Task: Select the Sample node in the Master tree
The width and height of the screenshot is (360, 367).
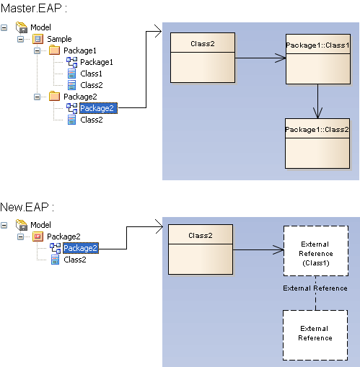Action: [x=58, y=39]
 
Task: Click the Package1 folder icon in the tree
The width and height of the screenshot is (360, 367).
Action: [x=54, y=50]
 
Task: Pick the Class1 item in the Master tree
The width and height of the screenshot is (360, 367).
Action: [x=91, y=74]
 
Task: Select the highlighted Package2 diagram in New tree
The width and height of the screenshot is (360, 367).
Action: [x=80, y=248]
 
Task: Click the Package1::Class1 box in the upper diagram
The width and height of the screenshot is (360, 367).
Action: [x=317, y=58]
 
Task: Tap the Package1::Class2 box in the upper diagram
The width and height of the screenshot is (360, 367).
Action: [x=317, y=142]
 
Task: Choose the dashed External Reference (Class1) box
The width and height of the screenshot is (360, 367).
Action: [x=315, y=252]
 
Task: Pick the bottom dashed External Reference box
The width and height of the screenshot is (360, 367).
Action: [x=315, y=335]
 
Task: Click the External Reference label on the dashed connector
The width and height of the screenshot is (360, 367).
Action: [x=315, y=288]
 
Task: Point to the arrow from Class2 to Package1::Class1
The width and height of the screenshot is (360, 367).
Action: [x=260, y=58]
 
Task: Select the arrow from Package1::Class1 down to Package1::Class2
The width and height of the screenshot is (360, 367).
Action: [x=317, y=101]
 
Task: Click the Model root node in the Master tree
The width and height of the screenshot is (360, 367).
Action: [x=40, y=27]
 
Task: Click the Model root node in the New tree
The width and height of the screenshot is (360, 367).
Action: [x=40, y=225]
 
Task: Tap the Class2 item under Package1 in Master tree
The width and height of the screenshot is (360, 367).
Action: [x=91, y=85]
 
